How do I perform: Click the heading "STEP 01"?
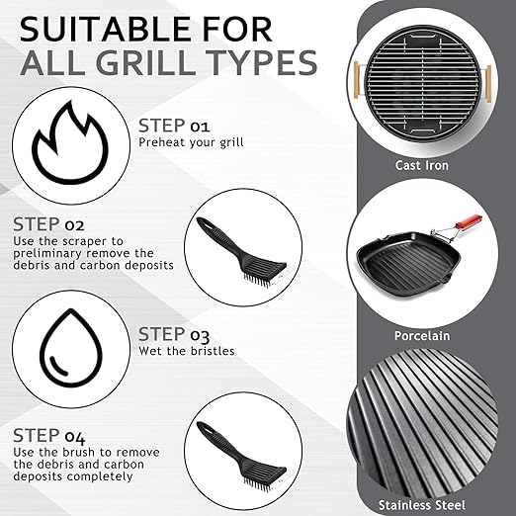tap(174, 126)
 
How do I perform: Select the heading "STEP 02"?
tap(48, 224)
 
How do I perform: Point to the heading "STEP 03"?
tap(174, 334)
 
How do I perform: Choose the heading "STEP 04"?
tap(49, 436)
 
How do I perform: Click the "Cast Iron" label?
tap(422, 165)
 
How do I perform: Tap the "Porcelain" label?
tap(422, 336)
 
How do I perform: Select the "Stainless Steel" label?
tap(422, 505)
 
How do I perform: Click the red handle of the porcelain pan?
tap(469, 221)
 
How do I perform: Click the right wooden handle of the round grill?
tap(487, 84)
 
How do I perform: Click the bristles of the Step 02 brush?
tap(259, 280)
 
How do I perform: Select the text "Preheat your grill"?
tap(191, 142)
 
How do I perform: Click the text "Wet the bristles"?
tap(187, 351)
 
